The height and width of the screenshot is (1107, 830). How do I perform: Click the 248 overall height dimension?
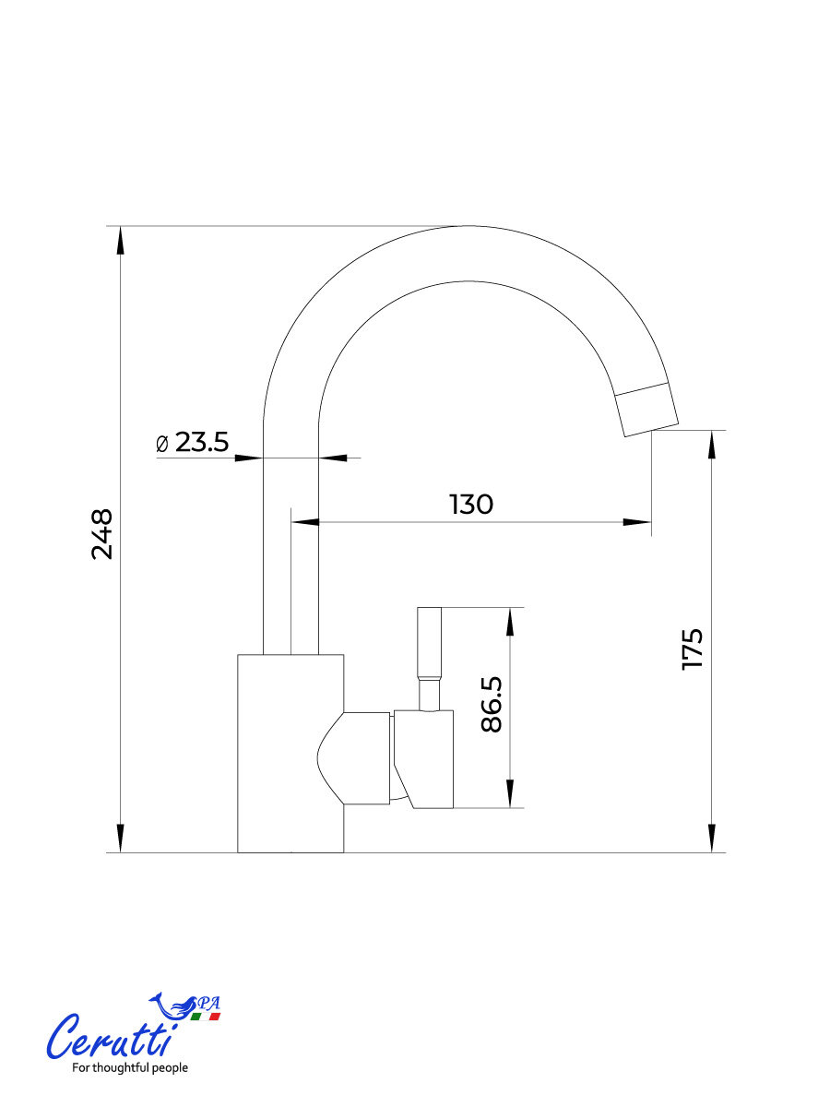102,534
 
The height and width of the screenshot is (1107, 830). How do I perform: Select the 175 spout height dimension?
692,649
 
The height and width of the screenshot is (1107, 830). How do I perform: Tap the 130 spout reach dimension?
470,505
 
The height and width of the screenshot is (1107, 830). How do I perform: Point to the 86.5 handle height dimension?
492,704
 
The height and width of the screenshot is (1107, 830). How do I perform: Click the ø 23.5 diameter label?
193,442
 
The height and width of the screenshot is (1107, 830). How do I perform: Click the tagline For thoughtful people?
130,1067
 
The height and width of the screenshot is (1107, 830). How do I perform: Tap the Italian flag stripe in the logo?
205,1017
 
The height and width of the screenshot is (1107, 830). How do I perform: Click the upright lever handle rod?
430,659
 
